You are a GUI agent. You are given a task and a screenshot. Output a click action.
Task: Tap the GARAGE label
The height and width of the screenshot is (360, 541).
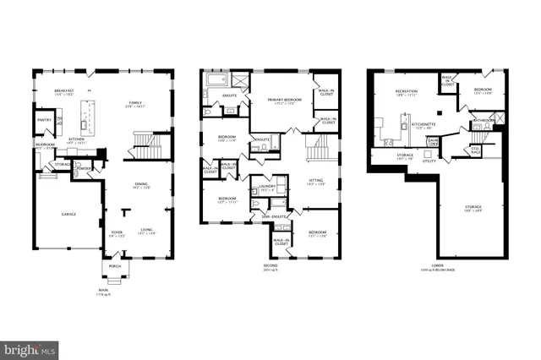pos(68,214)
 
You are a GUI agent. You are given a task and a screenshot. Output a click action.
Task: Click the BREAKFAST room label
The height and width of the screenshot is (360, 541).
pos(65,90)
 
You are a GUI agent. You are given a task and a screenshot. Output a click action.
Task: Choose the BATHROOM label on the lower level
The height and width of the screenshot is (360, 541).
pos(484,121)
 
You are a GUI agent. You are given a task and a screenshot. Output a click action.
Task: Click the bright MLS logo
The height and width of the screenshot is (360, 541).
pos(30,347)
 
